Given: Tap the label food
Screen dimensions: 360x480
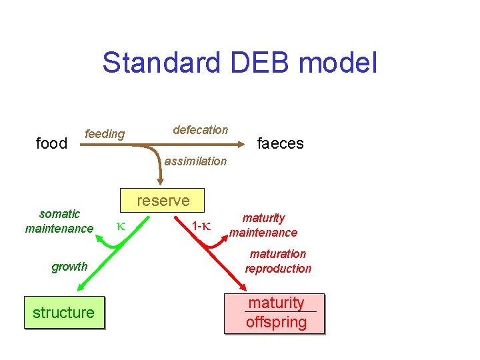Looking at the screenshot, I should pos(52,143).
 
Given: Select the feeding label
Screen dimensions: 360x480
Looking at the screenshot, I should pos(105,134).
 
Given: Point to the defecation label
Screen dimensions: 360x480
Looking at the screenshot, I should pos(200,130).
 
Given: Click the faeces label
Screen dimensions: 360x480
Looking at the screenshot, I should pos(281,143).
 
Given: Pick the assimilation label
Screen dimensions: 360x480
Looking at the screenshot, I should pos(195,161).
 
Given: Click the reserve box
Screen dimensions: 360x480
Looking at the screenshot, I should pos(163,201).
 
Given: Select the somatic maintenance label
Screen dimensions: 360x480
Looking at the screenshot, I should pos(59,221).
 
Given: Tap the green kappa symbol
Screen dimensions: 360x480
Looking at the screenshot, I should pos(121,226).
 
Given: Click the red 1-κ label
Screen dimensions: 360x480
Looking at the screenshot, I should pos(201,226).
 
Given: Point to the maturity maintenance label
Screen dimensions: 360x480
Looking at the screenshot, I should pos(263,225).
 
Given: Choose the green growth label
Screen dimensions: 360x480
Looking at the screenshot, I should pos(69,267).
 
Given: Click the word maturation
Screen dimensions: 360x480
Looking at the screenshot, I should pos(278,254).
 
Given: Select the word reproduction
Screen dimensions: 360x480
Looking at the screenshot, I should pos(278,269).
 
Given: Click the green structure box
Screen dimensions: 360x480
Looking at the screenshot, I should pos(64,313).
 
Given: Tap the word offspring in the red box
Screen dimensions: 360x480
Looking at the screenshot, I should pos(276,323).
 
